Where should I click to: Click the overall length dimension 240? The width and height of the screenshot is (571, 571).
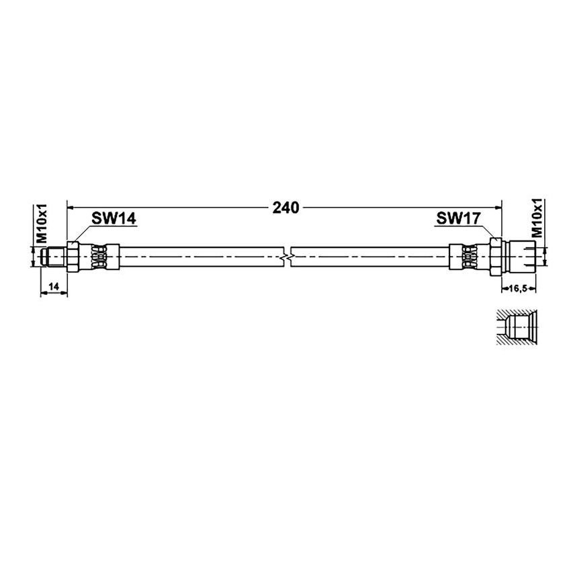(285, 208)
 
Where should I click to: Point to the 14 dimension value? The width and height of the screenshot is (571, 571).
(54, 287)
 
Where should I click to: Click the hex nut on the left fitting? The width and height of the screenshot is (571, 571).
(73, 256)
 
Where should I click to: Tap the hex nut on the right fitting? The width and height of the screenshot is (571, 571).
(495, 256)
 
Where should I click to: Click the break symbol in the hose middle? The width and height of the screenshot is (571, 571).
(287, 256)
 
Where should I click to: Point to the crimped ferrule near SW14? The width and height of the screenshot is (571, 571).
(99, 256)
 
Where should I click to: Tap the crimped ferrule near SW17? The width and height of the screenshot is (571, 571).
(469, 256)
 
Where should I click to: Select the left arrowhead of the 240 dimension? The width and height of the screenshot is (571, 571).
(71, 207)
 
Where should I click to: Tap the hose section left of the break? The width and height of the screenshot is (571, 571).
(202, 256)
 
